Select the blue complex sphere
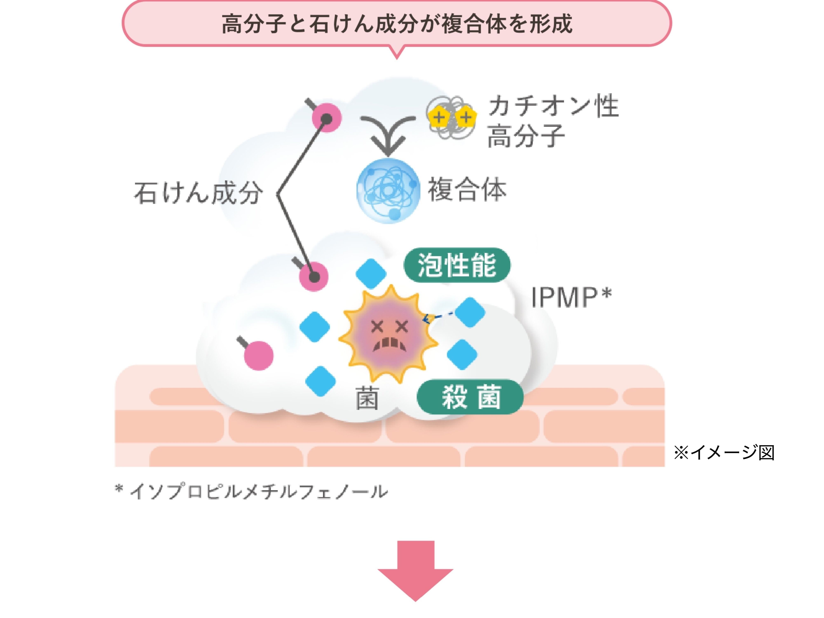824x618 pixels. click(388, 191)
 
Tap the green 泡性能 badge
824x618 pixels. click(457, 265)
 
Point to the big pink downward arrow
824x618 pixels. click(415, 570)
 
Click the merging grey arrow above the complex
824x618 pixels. click(388, 134)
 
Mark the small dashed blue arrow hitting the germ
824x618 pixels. click(438, 317)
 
